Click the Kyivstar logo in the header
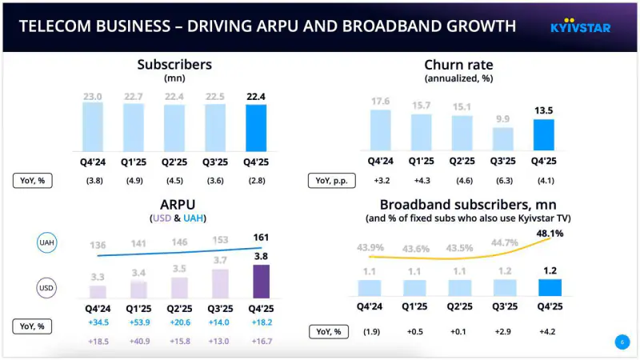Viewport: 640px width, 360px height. tap(580, 27)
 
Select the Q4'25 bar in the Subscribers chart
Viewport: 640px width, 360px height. tap(256, 128)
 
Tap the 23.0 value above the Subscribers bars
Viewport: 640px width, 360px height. tap(94, 96)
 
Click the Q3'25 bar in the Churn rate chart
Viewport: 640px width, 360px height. tap(502, 139)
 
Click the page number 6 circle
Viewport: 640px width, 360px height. tap(622, 342)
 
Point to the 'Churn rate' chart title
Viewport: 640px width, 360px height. tap(458, 65)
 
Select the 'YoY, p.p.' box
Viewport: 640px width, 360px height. tap(332, 180)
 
